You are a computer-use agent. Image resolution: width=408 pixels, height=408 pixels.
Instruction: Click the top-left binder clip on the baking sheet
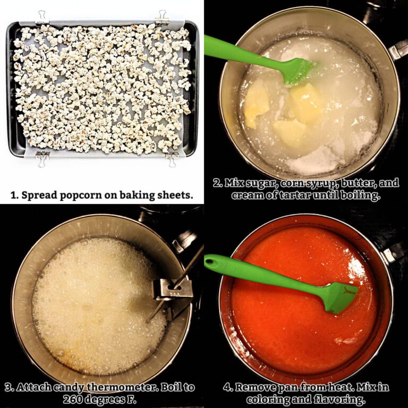pyautogui.click(x=41, y=18)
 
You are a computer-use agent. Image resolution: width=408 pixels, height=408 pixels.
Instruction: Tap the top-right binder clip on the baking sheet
pyautogui.click(x=162, y=18)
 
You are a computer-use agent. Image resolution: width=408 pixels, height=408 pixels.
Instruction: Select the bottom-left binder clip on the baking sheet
pyautogui.click(x=42, y=158)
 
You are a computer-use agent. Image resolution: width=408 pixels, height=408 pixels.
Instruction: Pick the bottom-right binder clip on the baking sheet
pyautogui.click(x=172, y=158)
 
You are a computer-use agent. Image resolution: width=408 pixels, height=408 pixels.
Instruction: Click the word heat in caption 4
pyautogui.click(x=341, y=387)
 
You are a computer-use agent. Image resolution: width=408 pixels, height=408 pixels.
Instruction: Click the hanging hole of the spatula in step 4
pyautogui.click(x=211, y=260)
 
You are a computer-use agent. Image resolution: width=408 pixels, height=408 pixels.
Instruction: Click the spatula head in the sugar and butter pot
pyautogui.click(x=299, y=71)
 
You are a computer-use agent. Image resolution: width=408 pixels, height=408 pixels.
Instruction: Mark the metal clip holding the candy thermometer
pyautogui.click(x=172, y=290)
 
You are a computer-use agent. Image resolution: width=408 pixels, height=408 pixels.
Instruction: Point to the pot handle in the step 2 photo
pyautogui.click(x=398, y=49)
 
